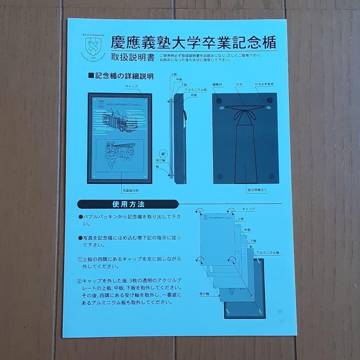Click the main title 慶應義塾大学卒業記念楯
(x=193, y=43)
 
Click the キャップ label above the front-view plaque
(x=131, y=86)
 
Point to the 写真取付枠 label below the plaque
(x=130, y=191)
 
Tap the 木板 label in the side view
(x=194, y=95)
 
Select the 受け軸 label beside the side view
(x=159, y=160)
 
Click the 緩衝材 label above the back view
(x=217, y=85)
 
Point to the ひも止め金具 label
(x=264, y=85)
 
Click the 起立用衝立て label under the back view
(x=257, y=190)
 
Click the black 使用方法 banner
(x=128, y=204)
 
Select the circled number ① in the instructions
(x=80, y=259)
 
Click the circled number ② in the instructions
(x=80, y=280)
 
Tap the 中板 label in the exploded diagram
(x=247, y=230)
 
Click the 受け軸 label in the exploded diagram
(x=204, y=294)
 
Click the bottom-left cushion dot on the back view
(x=219, y=176)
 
